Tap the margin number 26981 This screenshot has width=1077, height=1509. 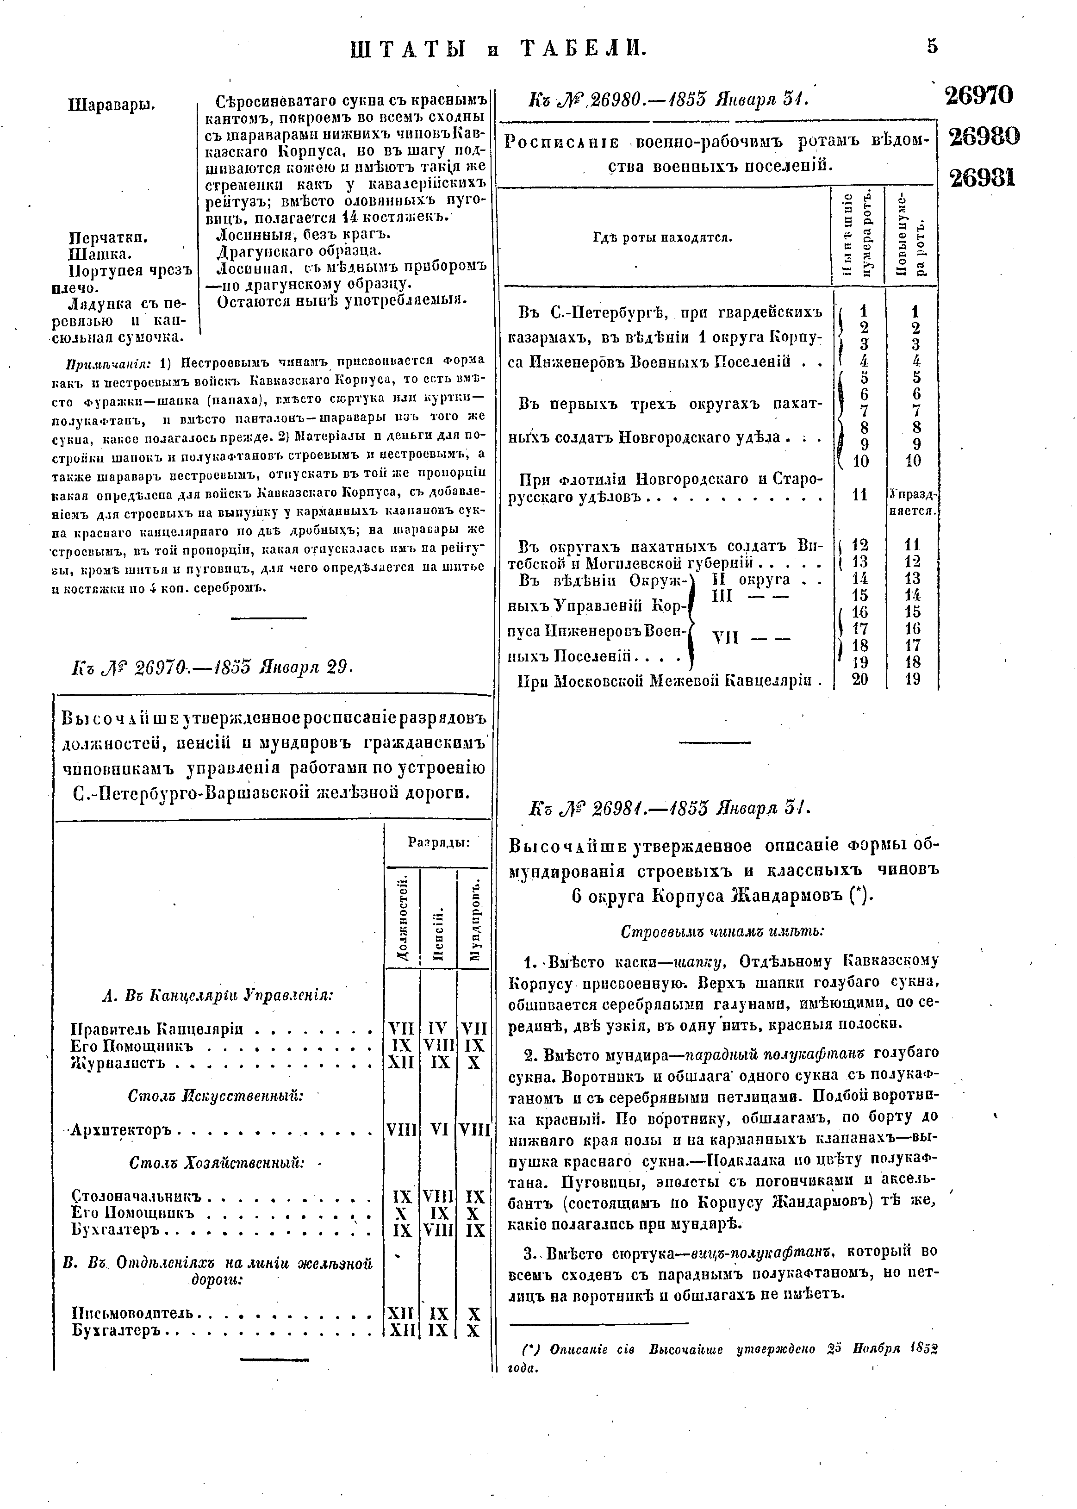point(982,178)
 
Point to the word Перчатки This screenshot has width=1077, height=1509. point(109,237)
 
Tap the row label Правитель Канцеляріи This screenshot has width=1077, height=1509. point(156,1029)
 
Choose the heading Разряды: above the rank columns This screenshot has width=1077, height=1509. point(438,843)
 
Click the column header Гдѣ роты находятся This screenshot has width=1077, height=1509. point(662,237)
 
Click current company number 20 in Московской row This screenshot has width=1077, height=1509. point(860,679)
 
